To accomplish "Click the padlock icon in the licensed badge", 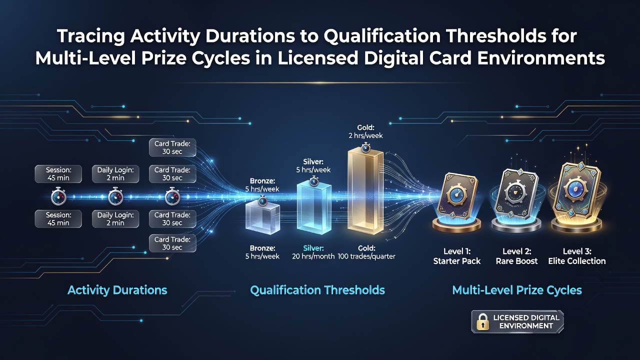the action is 482,321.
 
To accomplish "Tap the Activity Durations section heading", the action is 117,290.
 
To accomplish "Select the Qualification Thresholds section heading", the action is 317,290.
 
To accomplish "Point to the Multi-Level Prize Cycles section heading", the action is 517,290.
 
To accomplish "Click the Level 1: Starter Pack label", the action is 457,256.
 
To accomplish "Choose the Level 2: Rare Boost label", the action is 516,256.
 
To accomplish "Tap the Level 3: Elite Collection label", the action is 577,256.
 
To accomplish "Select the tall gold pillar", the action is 365,191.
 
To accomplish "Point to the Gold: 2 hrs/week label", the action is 365,131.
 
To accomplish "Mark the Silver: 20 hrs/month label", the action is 313,252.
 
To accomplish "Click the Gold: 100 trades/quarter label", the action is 366,252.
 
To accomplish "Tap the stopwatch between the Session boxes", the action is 58,196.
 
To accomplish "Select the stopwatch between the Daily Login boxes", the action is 115,196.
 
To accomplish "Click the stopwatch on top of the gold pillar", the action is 365,147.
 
